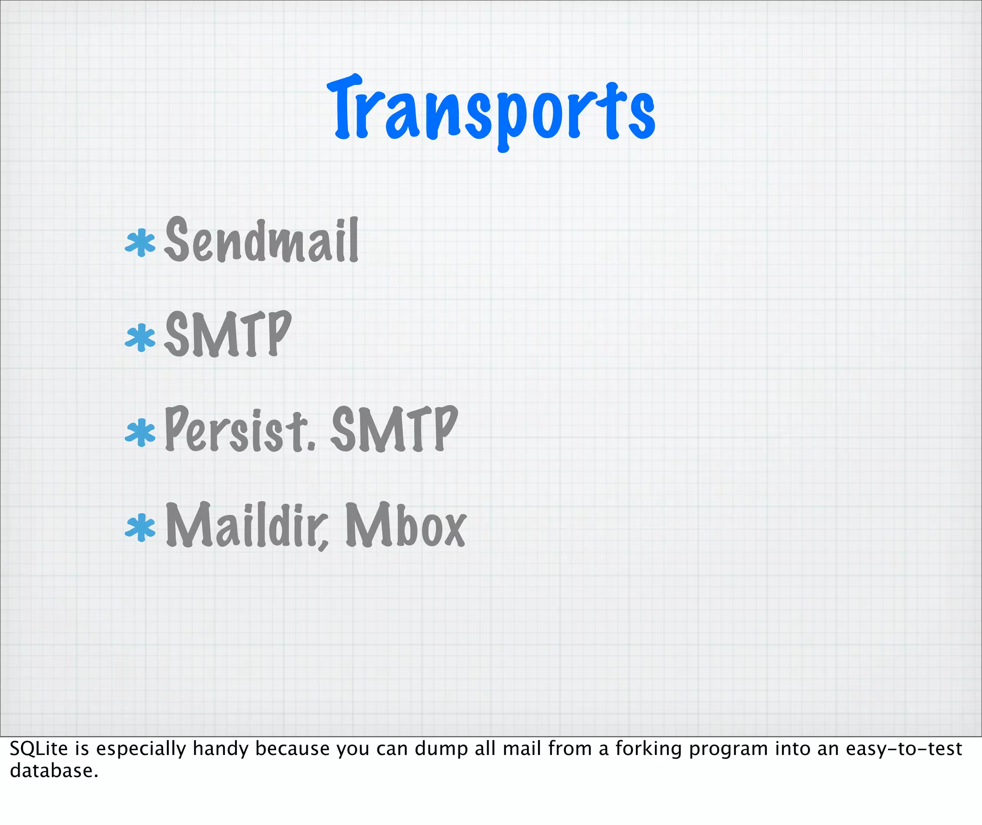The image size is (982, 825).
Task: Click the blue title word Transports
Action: tap(491, 113)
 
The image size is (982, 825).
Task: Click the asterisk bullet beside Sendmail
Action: tap(140, 243)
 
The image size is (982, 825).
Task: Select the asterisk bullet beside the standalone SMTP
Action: tap(140, 337)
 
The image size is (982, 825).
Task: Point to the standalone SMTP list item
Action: tap(228, 334)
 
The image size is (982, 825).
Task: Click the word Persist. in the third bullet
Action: tap(240, 429)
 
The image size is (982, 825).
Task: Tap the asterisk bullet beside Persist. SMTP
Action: tap(140, 432)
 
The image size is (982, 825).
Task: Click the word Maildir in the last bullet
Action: tap(247, 525)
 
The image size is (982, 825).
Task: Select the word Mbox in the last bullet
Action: tap(405, 525)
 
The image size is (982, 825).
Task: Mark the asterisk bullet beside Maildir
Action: tap(140, 528)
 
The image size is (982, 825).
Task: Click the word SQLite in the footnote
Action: tap(38, 749)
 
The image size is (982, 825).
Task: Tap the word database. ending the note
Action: tap(54, 771)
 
